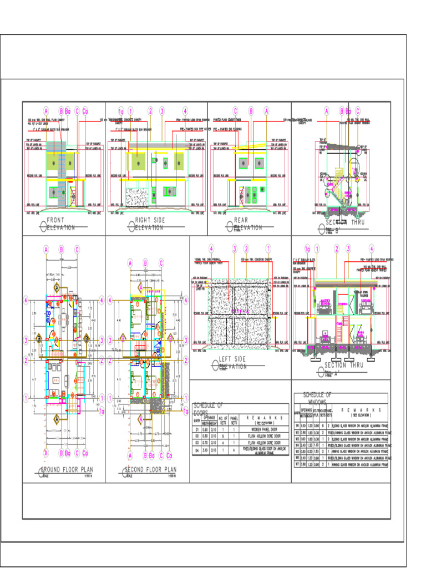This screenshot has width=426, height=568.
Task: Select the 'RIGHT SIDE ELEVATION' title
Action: (x=149, y=224)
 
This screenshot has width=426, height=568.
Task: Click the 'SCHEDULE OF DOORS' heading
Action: (x=207, y=408)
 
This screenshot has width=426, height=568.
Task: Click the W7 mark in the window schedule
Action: (x=297, y=464)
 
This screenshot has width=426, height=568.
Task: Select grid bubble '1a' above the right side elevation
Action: (x=121, y=110)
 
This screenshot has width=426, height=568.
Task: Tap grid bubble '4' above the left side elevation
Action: (x=211, y=248)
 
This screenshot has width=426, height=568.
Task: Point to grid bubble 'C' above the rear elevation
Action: (x=235, y=110)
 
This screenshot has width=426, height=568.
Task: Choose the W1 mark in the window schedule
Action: (x=297, y=426)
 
